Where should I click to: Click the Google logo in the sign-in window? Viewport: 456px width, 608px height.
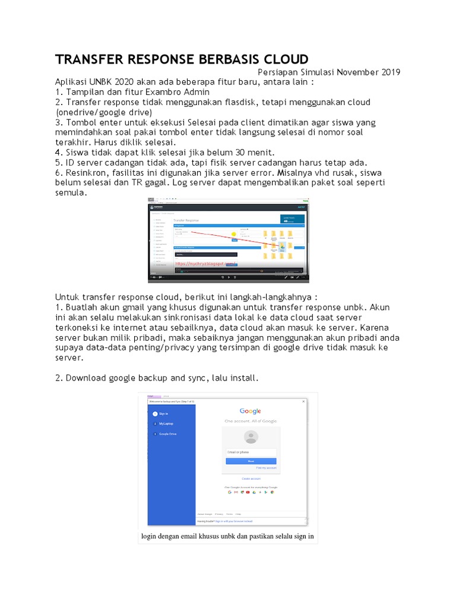pos(250,411)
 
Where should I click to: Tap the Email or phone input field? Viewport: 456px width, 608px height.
pos(251,452)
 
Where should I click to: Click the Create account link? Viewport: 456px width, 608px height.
pos(251,478)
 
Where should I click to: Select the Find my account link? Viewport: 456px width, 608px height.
pos(266,468)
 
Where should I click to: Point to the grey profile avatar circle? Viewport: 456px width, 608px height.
pos(251,437)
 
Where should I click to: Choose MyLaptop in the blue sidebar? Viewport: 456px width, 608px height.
pos(166,424)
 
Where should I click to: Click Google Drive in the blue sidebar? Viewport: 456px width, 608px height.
pos(167,434)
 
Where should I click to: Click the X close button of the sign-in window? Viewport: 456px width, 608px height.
pos(304,402)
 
